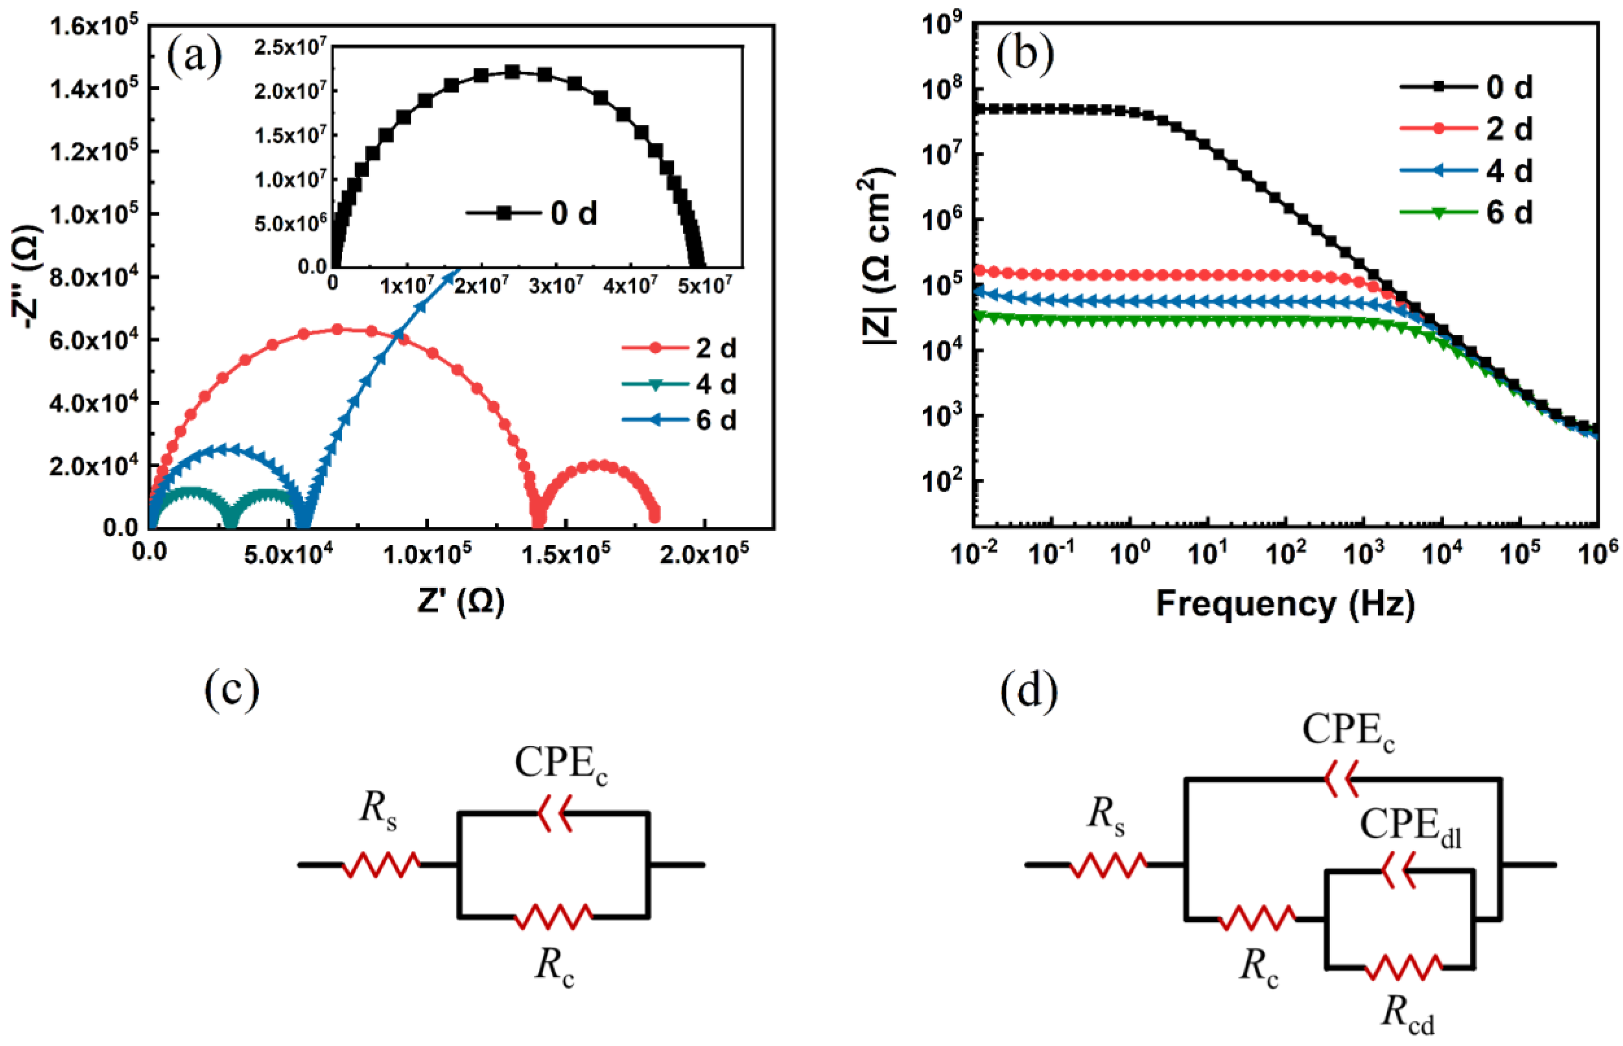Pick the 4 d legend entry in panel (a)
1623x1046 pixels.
[x=679, y=384]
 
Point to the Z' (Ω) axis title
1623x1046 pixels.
[x=460, y=602]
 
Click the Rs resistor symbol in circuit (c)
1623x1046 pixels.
[x=380, y=865]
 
